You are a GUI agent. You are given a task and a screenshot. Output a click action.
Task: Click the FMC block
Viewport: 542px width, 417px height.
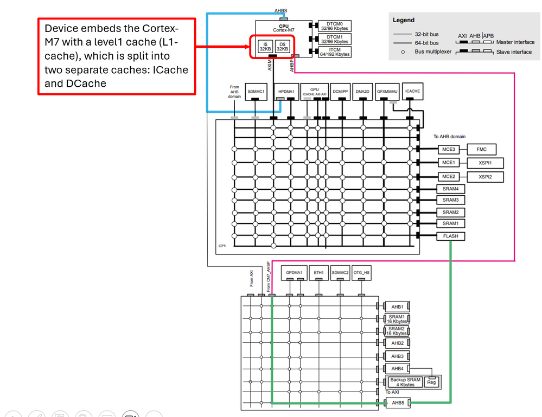pos(481,149)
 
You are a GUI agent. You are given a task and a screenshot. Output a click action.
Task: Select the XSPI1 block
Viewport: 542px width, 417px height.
pos(484,163)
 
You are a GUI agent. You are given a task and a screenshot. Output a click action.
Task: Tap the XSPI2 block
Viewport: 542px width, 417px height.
pos(484,177)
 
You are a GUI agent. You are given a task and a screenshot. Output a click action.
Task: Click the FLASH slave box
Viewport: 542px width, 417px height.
pos(450,236)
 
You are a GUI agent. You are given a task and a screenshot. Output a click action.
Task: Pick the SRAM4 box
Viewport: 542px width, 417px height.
pos(450,189)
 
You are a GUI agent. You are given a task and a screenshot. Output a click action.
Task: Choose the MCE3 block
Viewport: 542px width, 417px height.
pos(448,149)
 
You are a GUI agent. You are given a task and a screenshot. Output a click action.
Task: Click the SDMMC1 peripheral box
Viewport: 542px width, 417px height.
pos(256,91)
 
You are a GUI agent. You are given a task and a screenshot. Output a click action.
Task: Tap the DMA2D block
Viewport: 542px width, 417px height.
pos(362,91)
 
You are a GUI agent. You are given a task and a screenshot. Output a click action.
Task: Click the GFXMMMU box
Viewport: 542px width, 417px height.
pos(387,91)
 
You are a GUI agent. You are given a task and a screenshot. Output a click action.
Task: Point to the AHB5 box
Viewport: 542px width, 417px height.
pos(397,402)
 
